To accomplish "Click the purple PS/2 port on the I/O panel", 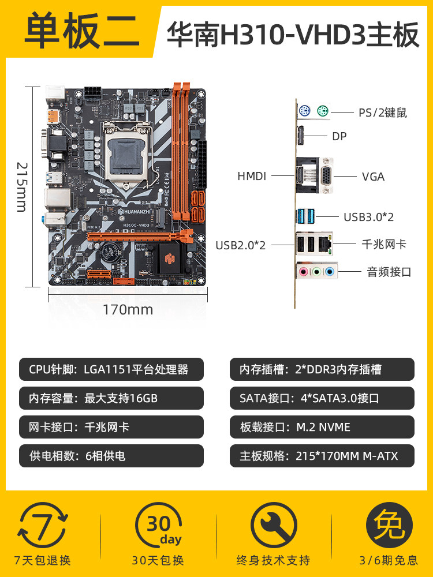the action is click(304, 110).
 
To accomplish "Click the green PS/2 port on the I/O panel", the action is click(322, 110).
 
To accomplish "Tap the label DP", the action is click(339, 136).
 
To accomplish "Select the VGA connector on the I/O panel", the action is click(326, 176).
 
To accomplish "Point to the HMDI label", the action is click(252, 176).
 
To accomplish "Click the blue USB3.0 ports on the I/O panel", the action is click(306, 216).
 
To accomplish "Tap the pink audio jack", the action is click(304, 272).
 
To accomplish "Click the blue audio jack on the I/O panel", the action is click(330, 272).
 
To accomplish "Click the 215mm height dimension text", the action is click(22, 187).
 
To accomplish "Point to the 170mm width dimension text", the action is click(128, 310).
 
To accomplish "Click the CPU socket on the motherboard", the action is click(126, 155).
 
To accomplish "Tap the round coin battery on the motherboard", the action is click(110, 250).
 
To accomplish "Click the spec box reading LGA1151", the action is click(111, 369).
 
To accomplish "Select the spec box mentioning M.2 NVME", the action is click(322, 427).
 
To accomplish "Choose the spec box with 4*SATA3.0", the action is click(322, 398).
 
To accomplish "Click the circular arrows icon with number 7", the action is click(43, 526).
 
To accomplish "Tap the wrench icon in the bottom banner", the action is click(274, 526).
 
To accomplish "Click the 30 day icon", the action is click(159, 526).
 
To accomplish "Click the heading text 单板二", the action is click(82, 31).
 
